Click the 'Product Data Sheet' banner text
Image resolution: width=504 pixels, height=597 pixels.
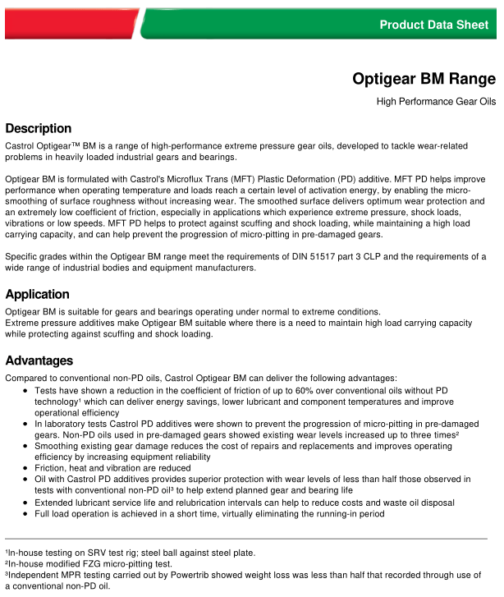pyautogui.click(x=433, y=25)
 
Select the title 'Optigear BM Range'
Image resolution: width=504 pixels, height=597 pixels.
pyautogui.click(x=424, y=79)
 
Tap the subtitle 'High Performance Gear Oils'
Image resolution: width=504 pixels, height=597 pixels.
pyautogui.click(x=436, y=102)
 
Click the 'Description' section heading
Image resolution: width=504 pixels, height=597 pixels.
pyautogui.click(x=38, y=128)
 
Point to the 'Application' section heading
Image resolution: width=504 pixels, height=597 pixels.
pyautogui.click(x=37, y=294)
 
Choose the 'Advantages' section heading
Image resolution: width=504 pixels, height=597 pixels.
pyautogui.click(x=39, y=360)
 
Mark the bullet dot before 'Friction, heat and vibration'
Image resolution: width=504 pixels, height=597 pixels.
pyautogui.click(x=26, y=467)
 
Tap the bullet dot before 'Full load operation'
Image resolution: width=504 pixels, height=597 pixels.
pyautogui.click(x=26, y=513)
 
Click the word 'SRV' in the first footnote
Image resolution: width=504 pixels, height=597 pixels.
pyautogui.click(x=93, y=553)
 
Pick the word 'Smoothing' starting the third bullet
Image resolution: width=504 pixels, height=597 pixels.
pyautogui.click(x=58, y=444)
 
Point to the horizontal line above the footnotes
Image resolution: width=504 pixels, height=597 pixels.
pyautogui.click(x=246, y=539)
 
